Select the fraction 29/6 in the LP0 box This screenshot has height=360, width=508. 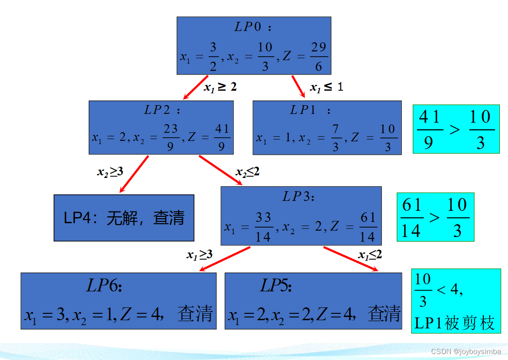[x=319, y=57]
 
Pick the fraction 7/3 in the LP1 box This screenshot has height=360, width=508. [x=335, y=138]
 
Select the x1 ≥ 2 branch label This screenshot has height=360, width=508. [x=220, y=87]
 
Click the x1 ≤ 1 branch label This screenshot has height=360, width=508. [x=326, y=87]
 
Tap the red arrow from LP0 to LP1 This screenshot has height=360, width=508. [x=298, y=86]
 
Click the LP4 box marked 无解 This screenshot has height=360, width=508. [x=124, y=218]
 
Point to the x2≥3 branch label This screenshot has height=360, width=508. [x=110, y=172]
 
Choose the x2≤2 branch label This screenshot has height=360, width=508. [x=248, y=172]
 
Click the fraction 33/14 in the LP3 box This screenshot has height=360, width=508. [x=263, y=226]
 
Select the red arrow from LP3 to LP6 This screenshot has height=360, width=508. [x=224, y=258]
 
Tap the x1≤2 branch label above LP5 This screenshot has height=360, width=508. [x=370, y=255]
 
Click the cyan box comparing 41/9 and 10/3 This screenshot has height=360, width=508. [x=456, y=129]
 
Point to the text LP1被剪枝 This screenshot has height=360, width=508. [x=454, y=323]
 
